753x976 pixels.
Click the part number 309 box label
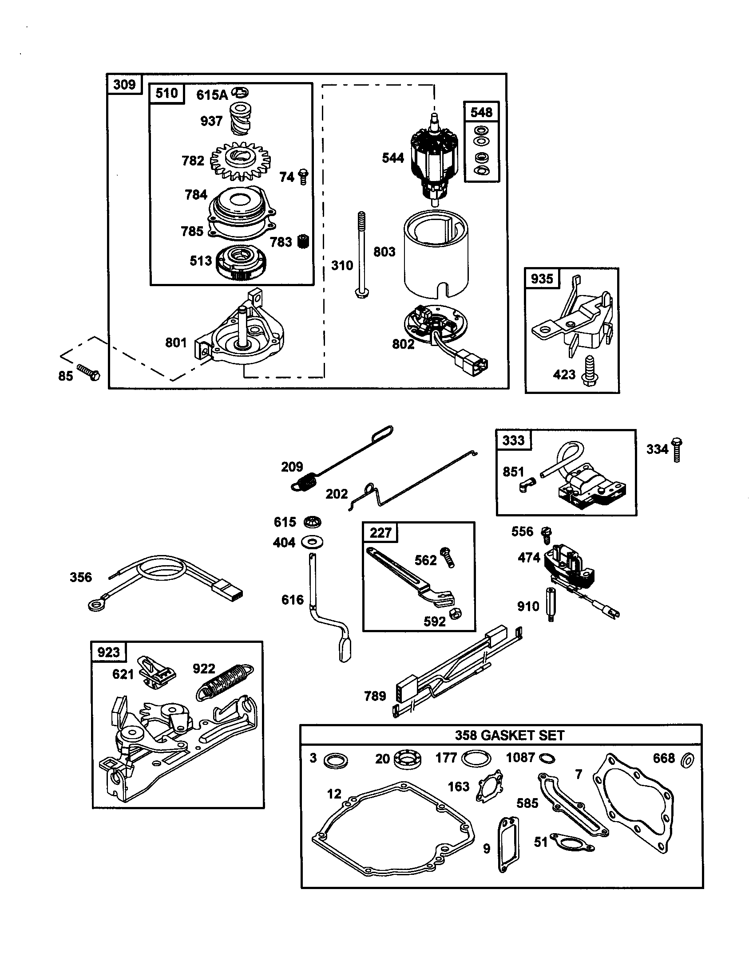pyautogui.click(x=124, y=84)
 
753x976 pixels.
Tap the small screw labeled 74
pyautogui.click(x=303, y=177)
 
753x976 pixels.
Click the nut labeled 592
pyautogui.click(x=456, y=614)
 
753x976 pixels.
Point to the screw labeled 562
pyautogui.click(x=448, y=557)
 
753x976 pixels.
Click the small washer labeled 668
pyautogui.click(x=688, y=760)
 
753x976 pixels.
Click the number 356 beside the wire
pyautogui.click(x=81, y=577)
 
